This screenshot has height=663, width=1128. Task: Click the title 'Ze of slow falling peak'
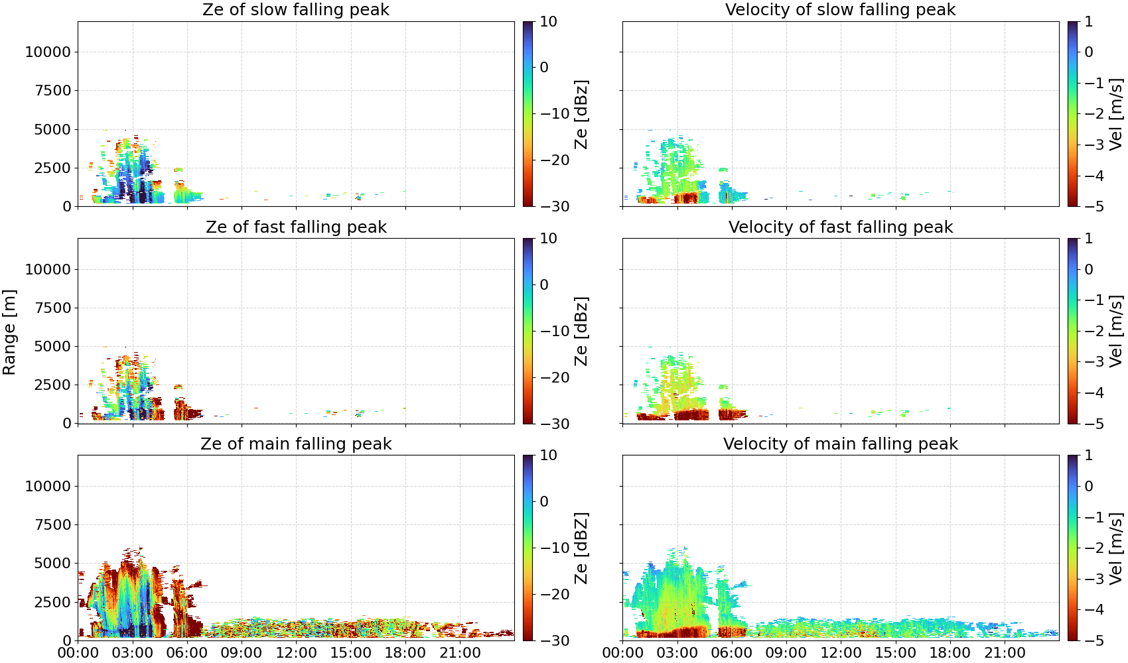(295, 9)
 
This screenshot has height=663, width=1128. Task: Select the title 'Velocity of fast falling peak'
(841, 227)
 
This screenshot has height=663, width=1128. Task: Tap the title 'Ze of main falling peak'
(295, 444)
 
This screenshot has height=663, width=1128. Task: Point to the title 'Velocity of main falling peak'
(841, 444)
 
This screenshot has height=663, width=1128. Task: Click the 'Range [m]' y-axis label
(9, 332)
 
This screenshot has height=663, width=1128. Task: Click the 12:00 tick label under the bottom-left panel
(296, 652)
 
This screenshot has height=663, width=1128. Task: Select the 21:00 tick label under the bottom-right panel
(1005, 652)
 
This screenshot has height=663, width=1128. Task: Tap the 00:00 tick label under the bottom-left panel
(78, 652)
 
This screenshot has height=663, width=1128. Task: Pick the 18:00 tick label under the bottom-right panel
(950, 652)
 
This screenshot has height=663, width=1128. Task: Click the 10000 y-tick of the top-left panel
(48, 52)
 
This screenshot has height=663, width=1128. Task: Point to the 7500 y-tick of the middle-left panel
(52, 308)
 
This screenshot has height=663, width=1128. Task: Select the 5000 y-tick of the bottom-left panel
(52, 563)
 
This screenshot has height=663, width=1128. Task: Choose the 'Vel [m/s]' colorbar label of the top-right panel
(1116, 114)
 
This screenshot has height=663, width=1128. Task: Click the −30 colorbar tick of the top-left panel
(555, 206)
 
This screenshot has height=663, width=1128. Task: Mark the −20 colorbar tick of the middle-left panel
(555, 377)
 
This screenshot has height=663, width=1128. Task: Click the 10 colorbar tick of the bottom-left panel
(548, 455)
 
